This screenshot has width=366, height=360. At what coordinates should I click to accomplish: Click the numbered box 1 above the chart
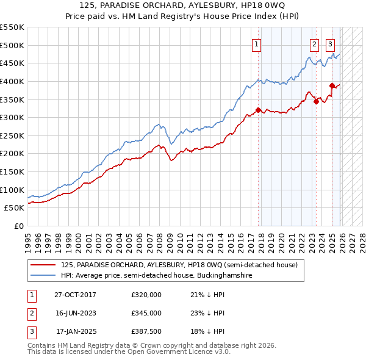[x=257, y=44]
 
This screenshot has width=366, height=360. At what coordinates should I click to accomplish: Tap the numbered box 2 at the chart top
[x=314, y=44]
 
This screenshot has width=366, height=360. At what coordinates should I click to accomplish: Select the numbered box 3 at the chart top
[x=330, y=44]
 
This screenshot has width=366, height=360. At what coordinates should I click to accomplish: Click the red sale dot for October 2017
[x=258, y=110]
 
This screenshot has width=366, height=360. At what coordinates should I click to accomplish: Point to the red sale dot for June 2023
[x=316, y=101]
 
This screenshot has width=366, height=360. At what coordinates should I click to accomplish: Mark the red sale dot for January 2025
[x=332, y=86]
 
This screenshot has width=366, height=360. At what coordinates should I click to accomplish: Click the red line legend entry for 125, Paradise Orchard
[x=179, y=265]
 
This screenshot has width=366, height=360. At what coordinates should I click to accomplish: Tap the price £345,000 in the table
[x=146, y=313]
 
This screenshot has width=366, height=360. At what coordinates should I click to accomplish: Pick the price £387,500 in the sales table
[x=146, y=331]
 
